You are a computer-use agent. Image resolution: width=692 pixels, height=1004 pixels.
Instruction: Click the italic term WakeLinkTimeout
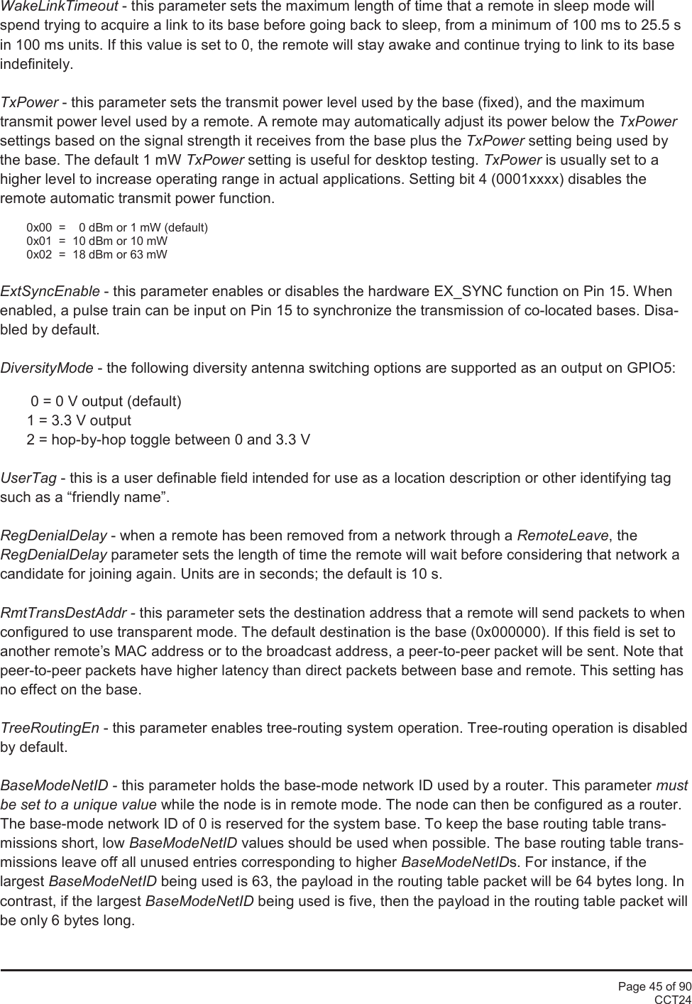(59, 7)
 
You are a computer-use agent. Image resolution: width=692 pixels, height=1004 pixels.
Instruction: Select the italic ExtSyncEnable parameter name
(50, 292)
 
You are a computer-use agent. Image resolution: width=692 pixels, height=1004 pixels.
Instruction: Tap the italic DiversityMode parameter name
(47, 368)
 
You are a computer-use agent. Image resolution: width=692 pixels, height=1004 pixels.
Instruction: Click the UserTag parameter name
(28, 478)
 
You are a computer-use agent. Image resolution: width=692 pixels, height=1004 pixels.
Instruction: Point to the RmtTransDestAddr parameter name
(64, 613)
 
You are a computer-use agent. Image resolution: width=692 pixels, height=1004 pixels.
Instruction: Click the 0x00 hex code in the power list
(39, 228)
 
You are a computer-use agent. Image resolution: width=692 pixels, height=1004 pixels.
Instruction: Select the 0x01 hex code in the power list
(39, 241)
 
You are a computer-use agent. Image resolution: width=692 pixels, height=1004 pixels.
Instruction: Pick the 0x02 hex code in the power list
(39, 254)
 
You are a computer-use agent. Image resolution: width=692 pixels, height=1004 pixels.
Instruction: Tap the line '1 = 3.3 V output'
(79, 420)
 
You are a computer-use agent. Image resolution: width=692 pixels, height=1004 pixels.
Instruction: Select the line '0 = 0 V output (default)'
(106, 402)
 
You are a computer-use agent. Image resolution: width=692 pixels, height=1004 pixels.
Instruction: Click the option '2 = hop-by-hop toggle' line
(168, 440)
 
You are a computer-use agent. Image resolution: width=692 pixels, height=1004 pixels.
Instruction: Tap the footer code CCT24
(672, 999)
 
